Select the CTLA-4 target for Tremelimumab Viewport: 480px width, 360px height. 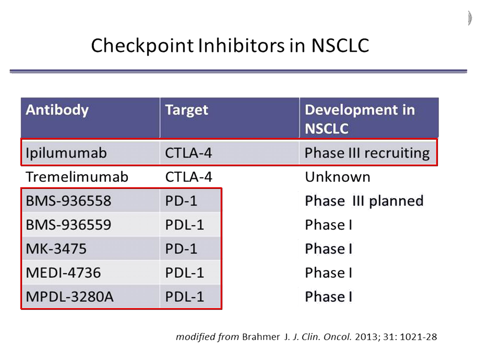(x=189, y=177)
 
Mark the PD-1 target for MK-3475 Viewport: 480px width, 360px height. (x=181, y=249)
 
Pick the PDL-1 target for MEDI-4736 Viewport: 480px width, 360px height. (x=185, y=273)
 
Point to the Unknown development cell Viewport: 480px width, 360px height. (x=338, y=177)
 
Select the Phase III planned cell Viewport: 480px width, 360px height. (x=364, y=201)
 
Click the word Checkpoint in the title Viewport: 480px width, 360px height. (x=143, y=46)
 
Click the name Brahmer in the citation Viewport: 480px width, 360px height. (x=261, y=337)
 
